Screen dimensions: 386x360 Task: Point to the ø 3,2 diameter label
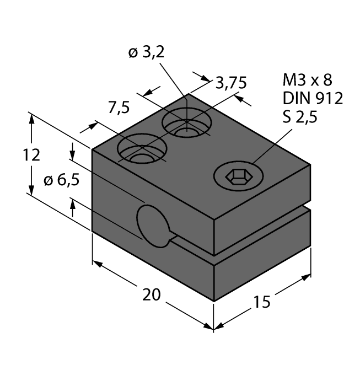146,53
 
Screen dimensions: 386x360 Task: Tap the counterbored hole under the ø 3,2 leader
186,124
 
